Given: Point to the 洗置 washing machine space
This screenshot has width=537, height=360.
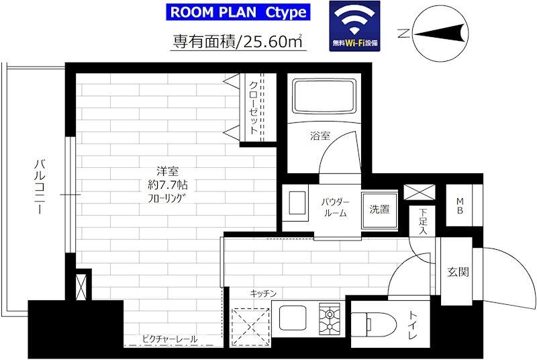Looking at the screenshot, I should point(379,209).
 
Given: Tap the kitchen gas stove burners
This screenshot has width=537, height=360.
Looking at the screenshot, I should point(330,314).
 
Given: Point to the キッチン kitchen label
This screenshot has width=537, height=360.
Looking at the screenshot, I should point(264,294).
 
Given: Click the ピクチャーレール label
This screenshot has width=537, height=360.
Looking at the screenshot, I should point(170,339).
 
